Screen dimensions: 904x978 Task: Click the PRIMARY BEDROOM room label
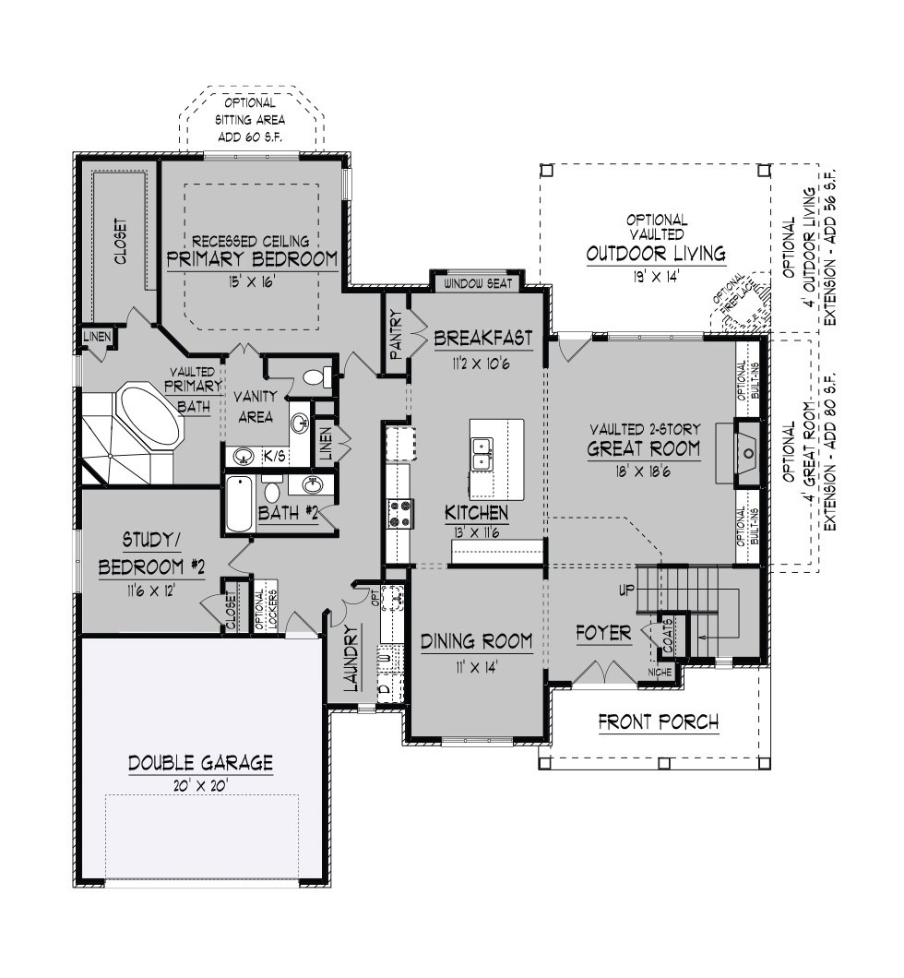[x=252, y=259]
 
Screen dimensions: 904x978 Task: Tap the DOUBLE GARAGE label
[x=201, y=762]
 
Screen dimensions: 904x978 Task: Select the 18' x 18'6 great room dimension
[x=644, y=471]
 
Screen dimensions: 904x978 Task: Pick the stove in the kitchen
[x=399, y=514]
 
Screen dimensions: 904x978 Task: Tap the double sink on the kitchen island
[x=482, y=453]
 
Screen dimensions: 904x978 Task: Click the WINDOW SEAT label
[x=478, y=284]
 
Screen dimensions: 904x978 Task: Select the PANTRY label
[x=395, y=335]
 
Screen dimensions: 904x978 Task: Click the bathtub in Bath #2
[x=240, y=504]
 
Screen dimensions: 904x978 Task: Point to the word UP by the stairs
[x=626, y=590]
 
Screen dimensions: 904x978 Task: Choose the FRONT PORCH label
[x=659, y=722]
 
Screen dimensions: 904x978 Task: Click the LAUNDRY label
[x=352, y=659]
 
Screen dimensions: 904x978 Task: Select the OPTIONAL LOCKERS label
[x=265, y=609]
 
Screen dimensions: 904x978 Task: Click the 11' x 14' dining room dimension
[x=476, y=668]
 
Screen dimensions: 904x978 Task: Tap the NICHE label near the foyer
[x=660, y=672]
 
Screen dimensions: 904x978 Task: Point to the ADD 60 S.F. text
[x=249, y=137]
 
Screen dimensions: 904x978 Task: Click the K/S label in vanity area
[x=274, y=457]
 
